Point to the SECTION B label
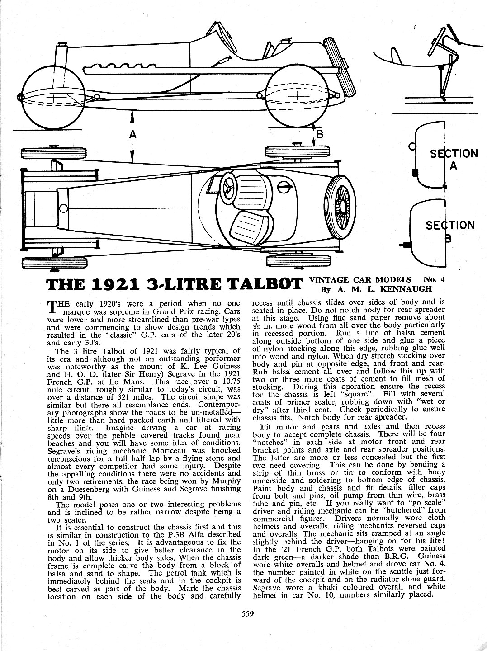click(450, 231)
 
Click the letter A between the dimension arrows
click(132, 135)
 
